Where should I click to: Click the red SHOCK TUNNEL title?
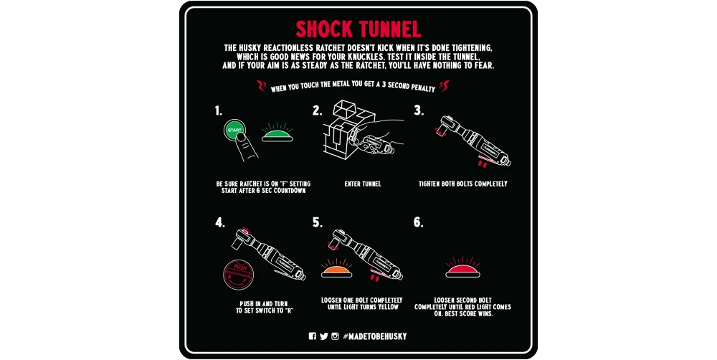358,29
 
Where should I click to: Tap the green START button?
234,130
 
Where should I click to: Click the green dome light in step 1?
277,136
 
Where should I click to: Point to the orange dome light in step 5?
336,272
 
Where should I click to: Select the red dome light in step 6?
462,272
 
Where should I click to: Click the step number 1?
218,110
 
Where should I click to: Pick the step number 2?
318,110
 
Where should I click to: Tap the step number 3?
419,110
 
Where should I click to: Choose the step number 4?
220,222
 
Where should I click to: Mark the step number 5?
318,222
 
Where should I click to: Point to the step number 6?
419,222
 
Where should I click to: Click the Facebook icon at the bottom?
313,336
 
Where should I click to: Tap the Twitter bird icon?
324,336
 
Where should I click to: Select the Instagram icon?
335,336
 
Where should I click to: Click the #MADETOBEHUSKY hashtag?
374,336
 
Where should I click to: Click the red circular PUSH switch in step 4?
238,275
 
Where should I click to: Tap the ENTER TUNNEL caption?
363,184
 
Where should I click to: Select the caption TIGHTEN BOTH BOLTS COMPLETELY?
462,184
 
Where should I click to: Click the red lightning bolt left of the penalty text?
261,86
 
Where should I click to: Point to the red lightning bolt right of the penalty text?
445,86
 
